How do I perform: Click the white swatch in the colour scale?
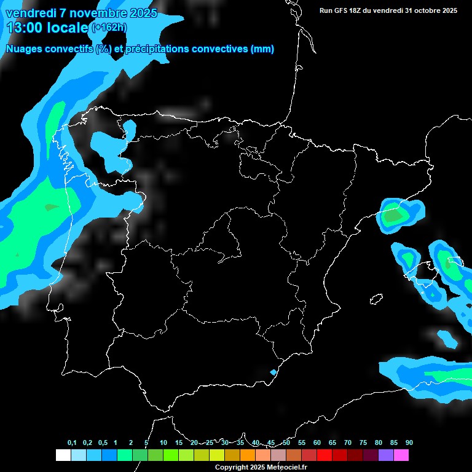pos(63,455)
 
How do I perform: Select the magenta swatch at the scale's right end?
pos(401,455)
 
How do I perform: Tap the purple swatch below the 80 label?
pos(386,455)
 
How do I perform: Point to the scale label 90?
pos(409,443)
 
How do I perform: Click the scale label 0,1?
pos(72,443)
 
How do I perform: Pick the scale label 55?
pos(301,443)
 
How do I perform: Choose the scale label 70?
pos(347,443)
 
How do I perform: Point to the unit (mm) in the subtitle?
pos(262,49)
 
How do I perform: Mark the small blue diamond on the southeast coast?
pos(273,372)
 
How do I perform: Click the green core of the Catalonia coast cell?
pos(392,216)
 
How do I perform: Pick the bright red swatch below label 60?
pos(324,455)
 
